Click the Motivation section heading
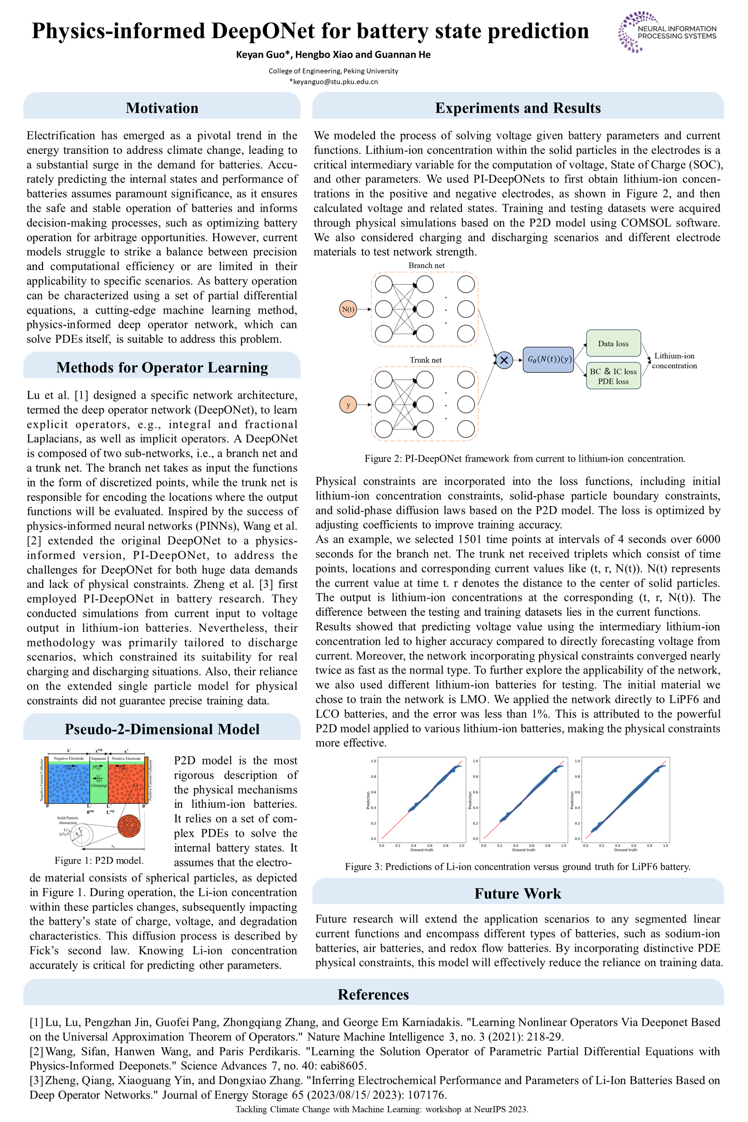[x=162, y=108]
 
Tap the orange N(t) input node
[x=348, y=309]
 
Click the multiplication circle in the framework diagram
[x=504, y=360]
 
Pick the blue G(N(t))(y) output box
[x=548, y=360]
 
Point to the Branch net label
[x=426, y=265]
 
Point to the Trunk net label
[x=425, y=360]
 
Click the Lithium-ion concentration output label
[x=674, y=361]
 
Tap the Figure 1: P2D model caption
[x=99, y=860]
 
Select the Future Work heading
[x=518, y=893]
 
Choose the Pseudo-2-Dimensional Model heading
[x=162, y=729]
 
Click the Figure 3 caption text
[x=518, y=866]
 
